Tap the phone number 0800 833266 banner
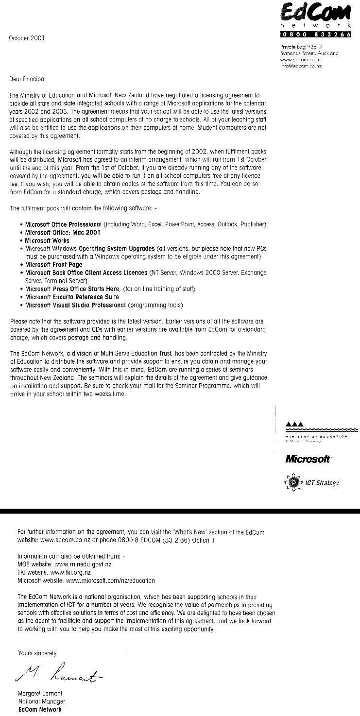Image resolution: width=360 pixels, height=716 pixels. (x=316, y=34)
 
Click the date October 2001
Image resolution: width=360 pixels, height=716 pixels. (x=27, y=38)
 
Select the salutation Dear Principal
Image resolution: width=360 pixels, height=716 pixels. (x=27, y=79)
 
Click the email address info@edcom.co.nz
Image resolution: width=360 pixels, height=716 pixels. (x=301, y=66)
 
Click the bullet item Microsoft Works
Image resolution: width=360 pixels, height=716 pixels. (x=47, y=240)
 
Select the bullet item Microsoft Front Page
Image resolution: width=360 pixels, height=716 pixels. (x=53, y=265)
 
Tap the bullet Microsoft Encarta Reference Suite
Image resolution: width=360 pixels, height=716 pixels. (x=72, y=297)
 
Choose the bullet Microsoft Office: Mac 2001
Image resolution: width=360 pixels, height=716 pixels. (x=63, y=233)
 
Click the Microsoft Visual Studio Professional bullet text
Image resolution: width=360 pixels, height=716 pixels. (x=75, y=305)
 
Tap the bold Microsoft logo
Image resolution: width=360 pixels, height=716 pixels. (x=308, y=459)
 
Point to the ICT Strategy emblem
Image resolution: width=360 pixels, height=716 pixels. (x=293, y=483)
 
